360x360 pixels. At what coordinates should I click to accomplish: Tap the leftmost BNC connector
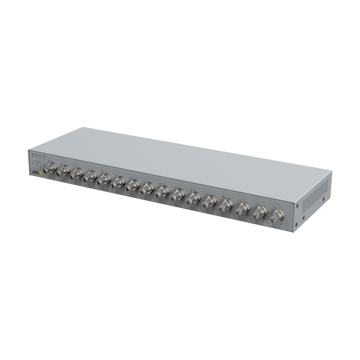[x=51, y=169]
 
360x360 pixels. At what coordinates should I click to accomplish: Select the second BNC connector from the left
[x=63, y=171]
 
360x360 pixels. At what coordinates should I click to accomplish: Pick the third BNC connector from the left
[x=76, y=174]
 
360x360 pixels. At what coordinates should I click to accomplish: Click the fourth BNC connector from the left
[x=90, y=177]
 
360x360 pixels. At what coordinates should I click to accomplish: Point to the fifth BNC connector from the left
[x=103, y=179]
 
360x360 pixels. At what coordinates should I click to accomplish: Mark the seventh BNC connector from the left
[x=132, y=185]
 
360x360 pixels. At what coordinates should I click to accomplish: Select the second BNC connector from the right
[x=260, y=212]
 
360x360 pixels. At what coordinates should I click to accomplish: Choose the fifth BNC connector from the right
[x=209, y=201]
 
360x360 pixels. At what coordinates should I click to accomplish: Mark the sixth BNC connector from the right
[x=193, y=198]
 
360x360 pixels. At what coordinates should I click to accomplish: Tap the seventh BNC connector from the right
[x=178, y=195]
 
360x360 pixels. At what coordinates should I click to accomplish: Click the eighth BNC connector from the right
[x=162, y=191]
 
